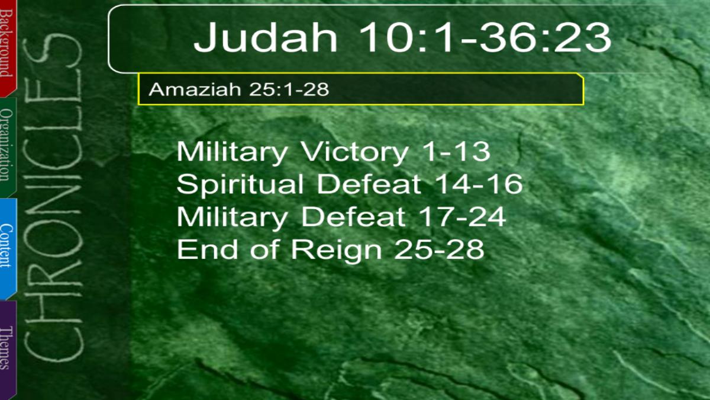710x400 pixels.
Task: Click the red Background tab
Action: point(8,47)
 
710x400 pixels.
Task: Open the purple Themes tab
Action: point(8,349)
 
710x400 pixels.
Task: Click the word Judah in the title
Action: point(266,37)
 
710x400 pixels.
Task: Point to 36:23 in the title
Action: point(545,37)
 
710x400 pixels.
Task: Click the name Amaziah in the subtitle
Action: point(195,89)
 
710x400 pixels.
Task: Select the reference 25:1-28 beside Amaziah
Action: point(289,89)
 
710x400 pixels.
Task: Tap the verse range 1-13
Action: point(454,152)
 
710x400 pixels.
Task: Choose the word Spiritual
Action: point(240,184)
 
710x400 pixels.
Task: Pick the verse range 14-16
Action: point(478,184)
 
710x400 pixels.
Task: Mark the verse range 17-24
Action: point(462,217)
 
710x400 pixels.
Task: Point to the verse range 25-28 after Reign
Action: point(439,249)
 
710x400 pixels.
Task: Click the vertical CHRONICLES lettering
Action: point(53,197)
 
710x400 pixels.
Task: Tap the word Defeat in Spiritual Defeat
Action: point(369,184)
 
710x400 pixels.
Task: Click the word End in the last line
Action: point(207,249)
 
